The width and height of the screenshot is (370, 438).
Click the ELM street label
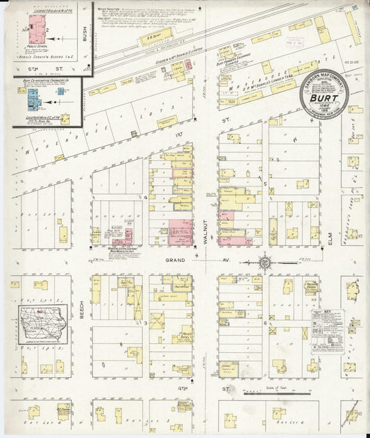pos(332,239)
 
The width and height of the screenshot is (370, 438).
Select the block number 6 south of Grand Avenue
pos(264,323)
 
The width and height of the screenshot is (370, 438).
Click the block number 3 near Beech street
pos(145,323)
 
